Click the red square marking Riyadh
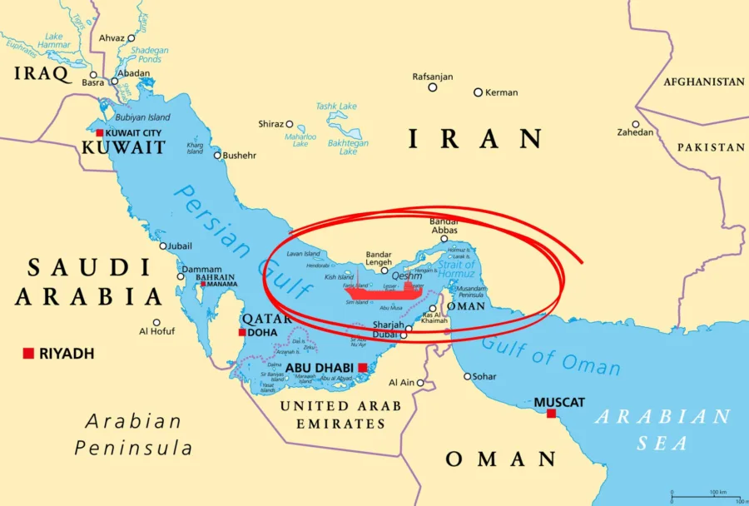[28, 354]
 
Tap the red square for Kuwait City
[100, 133]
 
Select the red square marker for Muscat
[551, 413]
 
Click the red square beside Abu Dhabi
[363, 367]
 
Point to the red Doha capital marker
[242, 332]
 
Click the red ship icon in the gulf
[384, 290]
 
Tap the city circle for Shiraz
[290, 124]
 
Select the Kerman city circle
[478, 92]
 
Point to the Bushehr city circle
[217, 155]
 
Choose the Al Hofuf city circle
[156, 322]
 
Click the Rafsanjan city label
[433, 77]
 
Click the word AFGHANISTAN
[703, 82]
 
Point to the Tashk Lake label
[336, 107]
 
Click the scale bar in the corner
[704, 497]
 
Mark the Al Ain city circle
[420, 383]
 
